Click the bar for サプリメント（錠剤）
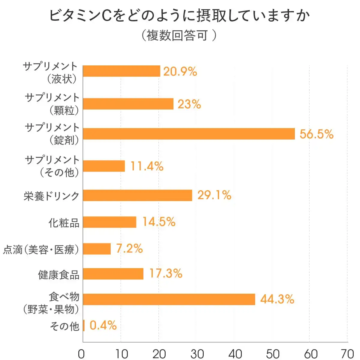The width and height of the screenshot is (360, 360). click(x=189, y=134)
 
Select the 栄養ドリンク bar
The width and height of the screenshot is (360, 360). click(x=137, y=195)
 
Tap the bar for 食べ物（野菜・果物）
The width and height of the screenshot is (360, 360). click(x=169, y=299)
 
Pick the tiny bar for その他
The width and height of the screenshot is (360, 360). click(x=84, y=325)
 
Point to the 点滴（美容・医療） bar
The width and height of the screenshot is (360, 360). click(x=97, y=249)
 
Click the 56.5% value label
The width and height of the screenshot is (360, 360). click(x=316, y=134)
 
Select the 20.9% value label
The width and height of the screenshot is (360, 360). click(x=180, y=71)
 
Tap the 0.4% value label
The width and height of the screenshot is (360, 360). click(x=103, y=325)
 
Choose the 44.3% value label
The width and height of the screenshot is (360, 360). click(x=277, y=299)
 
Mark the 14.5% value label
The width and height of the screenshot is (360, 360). click(x=159, y=222)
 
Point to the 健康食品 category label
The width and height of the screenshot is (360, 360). click(x=58, y=274)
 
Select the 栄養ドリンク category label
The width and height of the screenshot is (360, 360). click(x=52, y=196)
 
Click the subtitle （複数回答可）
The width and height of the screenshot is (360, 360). click(x=178, y=35)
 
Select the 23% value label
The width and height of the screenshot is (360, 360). click(x=189, y=104)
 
